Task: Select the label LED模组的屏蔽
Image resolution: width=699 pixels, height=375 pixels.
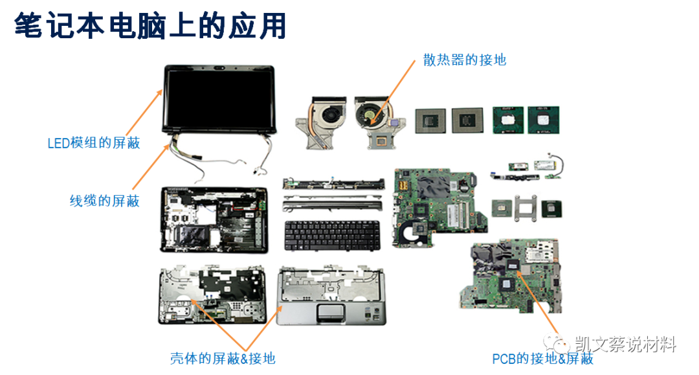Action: [x=94, y=142]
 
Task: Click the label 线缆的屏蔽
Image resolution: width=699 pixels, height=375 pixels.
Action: [x=104, y=201]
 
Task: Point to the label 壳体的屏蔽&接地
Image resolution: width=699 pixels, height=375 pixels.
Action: [x=223, y=358]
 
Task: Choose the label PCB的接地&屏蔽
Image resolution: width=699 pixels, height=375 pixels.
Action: [x=542, y=358]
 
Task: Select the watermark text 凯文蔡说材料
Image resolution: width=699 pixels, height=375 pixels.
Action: [x=625, y=345]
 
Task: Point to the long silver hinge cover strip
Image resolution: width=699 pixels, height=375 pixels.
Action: [x=332, y=205]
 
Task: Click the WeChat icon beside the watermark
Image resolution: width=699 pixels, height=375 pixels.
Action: [x=559, y=344]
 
